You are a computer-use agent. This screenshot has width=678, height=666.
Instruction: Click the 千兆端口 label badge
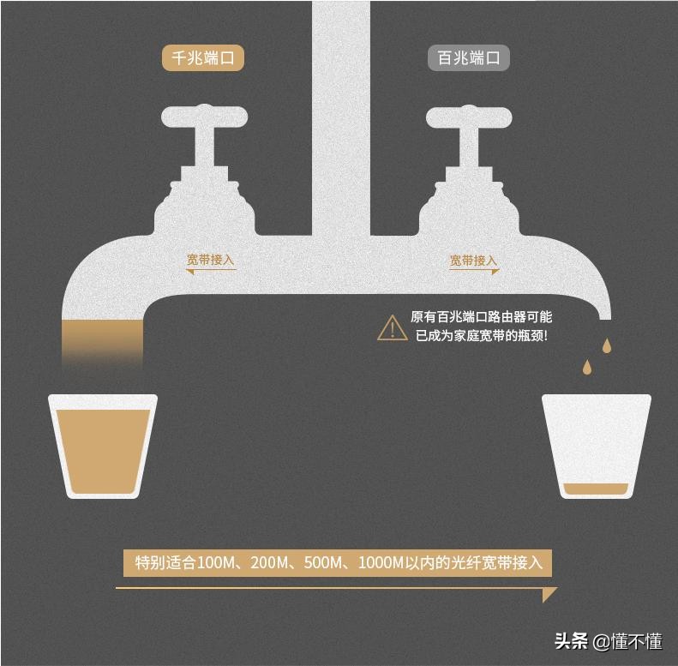point(203,58)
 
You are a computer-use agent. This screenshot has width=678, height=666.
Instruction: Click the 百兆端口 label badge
point(469,58)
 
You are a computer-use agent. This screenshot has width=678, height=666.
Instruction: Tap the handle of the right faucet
point(468,116)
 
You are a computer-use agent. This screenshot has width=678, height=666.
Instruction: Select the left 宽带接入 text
point(211,260)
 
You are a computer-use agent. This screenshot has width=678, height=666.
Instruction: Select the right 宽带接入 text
point(473,260)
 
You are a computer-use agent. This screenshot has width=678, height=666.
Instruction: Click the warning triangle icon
point(393,327)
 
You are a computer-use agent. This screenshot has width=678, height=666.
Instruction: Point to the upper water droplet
point(607,345)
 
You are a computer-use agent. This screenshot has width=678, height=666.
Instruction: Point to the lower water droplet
point(587,367)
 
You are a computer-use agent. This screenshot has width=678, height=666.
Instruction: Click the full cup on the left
point(103,446)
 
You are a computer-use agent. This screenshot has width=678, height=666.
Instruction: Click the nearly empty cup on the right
point(596,446)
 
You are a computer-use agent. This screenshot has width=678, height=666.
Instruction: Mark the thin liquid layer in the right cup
point(596,490)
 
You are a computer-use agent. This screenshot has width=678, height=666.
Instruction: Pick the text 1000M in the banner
point(381,563)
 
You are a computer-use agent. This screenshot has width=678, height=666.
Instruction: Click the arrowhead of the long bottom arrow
point(549,594)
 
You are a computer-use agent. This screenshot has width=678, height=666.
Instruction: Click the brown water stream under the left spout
point(103,343)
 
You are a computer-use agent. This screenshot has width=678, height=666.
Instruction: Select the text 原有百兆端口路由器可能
point(481,317)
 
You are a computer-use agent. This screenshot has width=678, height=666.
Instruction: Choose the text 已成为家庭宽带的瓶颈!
point(481,336)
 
